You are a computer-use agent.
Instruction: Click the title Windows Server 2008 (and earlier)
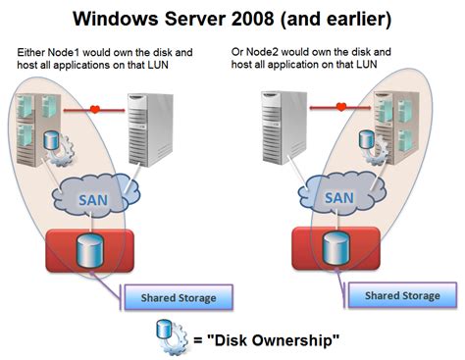click(232, 18)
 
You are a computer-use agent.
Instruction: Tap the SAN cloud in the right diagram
click(336, 199)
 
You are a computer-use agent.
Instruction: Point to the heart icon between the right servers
click(340, 108)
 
